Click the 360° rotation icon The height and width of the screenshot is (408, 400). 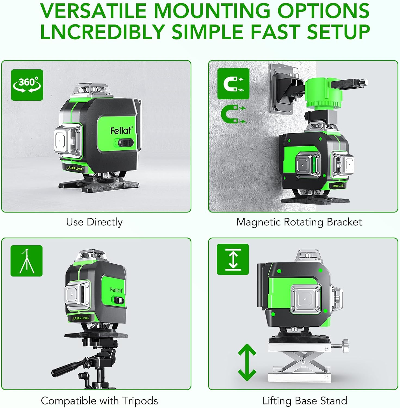tap(27, 85)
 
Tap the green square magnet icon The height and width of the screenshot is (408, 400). tap(233, 84)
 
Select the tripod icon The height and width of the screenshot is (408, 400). tap(26, 261)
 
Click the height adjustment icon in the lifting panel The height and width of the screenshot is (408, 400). tap(233, 259)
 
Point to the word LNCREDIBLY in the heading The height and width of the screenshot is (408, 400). tap(103, 32)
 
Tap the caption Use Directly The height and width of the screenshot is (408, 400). tap(94, 222)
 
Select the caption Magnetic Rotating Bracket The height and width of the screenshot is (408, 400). tap(299, 222)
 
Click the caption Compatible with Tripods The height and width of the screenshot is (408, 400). tap(99, 401)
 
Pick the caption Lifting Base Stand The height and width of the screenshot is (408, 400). tap(305, 401)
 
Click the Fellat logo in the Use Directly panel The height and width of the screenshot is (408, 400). tap(121, 131)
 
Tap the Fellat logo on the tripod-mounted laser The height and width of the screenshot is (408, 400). tap(116, 290)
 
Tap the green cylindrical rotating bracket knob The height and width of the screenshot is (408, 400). tap(323, 92)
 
